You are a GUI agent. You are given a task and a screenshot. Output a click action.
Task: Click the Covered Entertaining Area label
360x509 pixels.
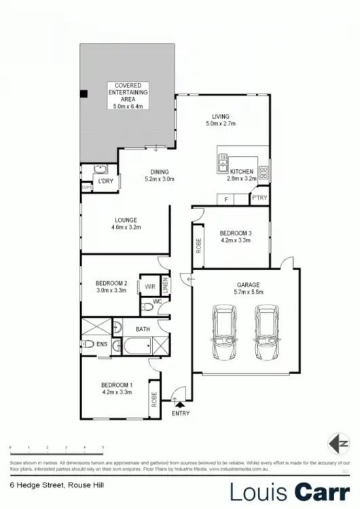[x=128, y=95]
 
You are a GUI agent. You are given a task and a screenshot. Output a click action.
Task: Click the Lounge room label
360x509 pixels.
[x=126, y=224]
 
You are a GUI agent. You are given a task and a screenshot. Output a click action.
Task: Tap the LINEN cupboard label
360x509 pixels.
[x=164, y=287]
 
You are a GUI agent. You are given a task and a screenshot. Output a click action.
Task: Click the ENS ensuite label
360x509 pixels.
[x=102, y=345]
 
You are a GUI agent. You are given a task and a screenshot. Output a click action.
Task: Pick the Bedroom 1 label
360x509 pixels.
[x=116, y=389]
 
